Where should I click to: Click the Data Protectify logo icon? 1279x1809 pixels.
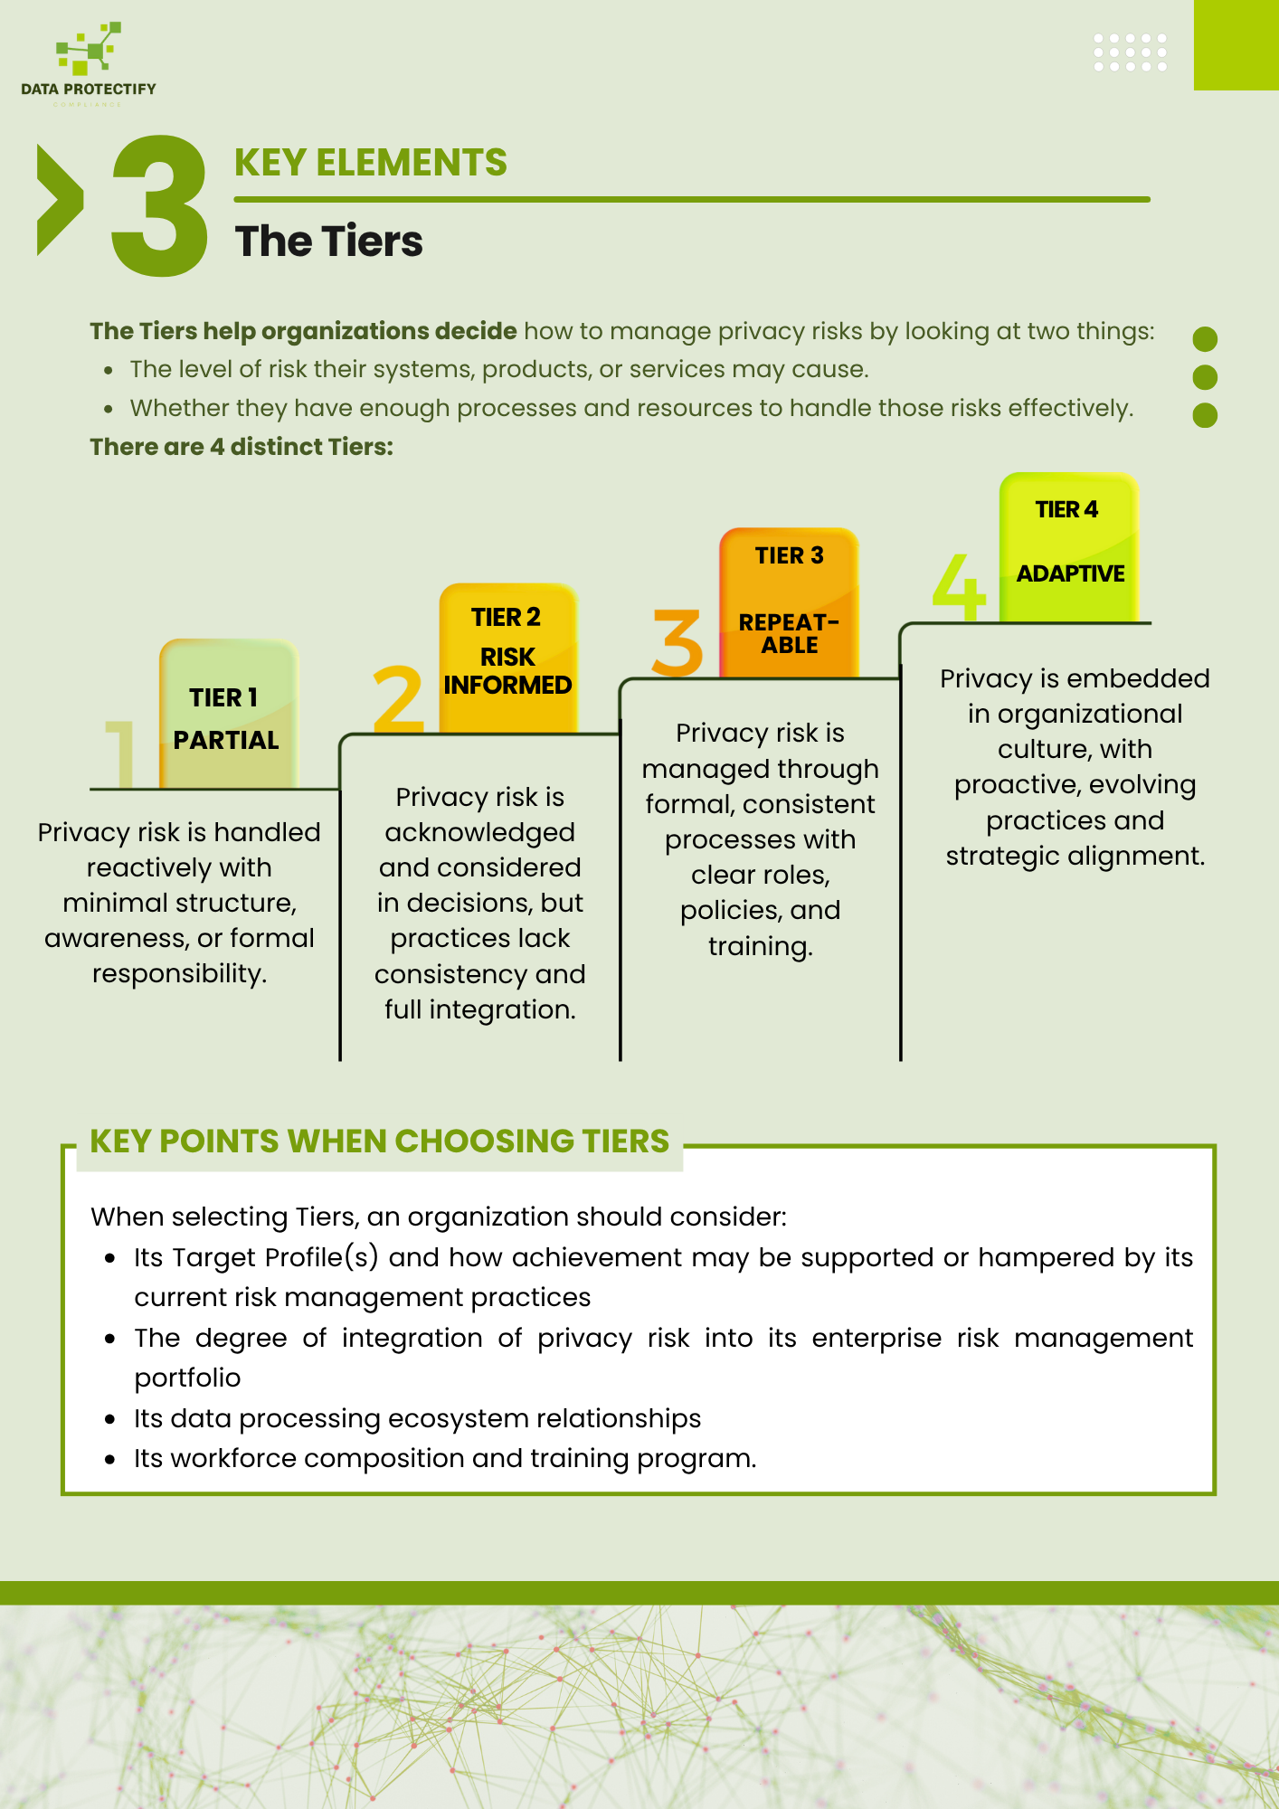88,49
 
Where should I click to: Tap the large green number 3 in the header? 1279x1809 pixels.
158,206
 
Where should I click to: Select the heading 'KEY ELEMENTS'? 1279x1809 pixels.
370,163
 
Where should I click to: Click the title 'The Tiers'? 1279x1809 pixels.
328,242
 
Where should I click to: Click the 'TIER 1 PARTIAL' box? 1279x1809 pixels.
229,715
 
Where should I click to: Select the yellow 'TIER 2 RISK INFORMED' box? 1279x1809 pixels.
507,658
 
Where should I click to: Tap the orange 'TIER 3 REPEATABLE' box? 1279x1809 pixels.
789,602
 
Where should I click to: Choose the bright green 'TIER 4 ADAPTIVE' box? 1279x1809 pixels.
1068,546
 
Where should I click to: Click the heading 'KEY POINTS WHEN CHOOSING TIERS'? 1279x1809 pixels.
379,1141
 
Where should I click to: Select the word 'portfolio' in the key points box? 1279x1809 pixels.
187,1378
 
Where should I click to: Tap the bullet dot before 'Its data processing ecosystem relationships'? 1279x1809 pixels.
109,1419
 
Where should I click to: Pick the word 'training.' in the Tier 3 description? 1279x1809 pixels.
760,946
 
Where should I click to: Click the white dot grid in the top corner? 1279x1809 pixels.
1130,52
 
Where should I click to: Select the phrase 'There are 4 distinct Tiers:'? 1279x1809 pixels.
242,447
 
